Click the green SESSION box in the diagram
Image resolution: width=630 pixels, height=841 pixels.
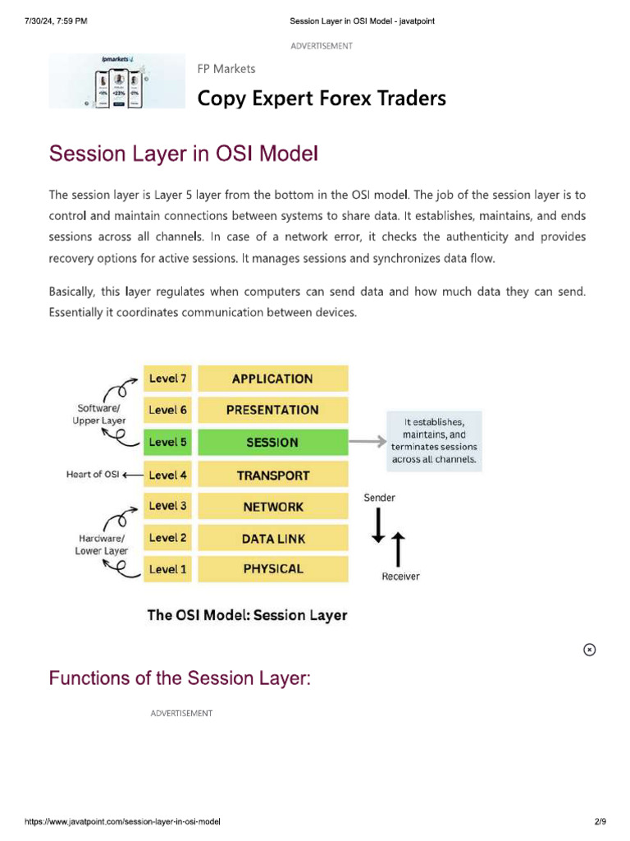(272, 442)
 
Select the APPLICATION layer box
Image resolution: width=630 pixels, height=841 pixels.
(272, 379)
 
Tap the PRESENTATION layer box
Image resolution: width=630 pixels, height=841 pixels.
(272, 410)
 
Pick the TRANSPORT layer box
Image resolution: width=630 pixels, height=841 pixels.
(272, 475)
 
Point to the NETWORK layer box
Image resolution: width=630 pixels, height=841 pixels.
(272, 507)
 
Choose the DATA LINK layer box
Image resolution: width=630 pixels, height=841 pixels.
(272, 538)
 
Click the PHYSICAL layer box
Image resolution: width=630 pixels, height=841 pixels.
(272, 568)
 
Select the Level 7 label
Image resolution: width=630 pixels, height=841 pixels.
(168, 379)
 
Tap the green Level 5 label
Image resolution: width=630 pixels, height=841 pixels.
(168, 442)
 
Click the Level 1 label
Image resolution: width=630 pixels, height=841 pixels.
(168, 569)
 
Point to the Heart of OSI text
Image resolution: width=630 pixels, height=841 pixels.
(93, 475)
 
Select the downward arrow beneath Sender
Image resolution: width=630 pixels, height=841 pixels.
(378, 526)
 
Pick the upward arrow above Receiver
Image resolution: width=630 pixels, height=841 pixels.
(399, 549)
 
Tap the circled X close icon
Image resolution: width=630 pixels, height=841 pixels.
(589, 650)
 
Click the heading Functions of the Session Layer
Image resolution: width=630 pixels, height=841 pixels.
(180, 678)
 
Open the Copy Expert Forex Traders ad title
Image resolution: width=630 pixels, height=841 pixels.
(322, 99)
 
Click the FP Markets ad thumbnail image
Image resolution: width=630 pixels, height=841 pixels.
(117, 81)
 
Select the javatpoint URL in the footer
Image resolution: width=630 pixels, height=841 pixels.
(122, 821)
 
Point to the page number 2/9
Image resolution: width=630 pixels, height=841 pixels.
(600, 821)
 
